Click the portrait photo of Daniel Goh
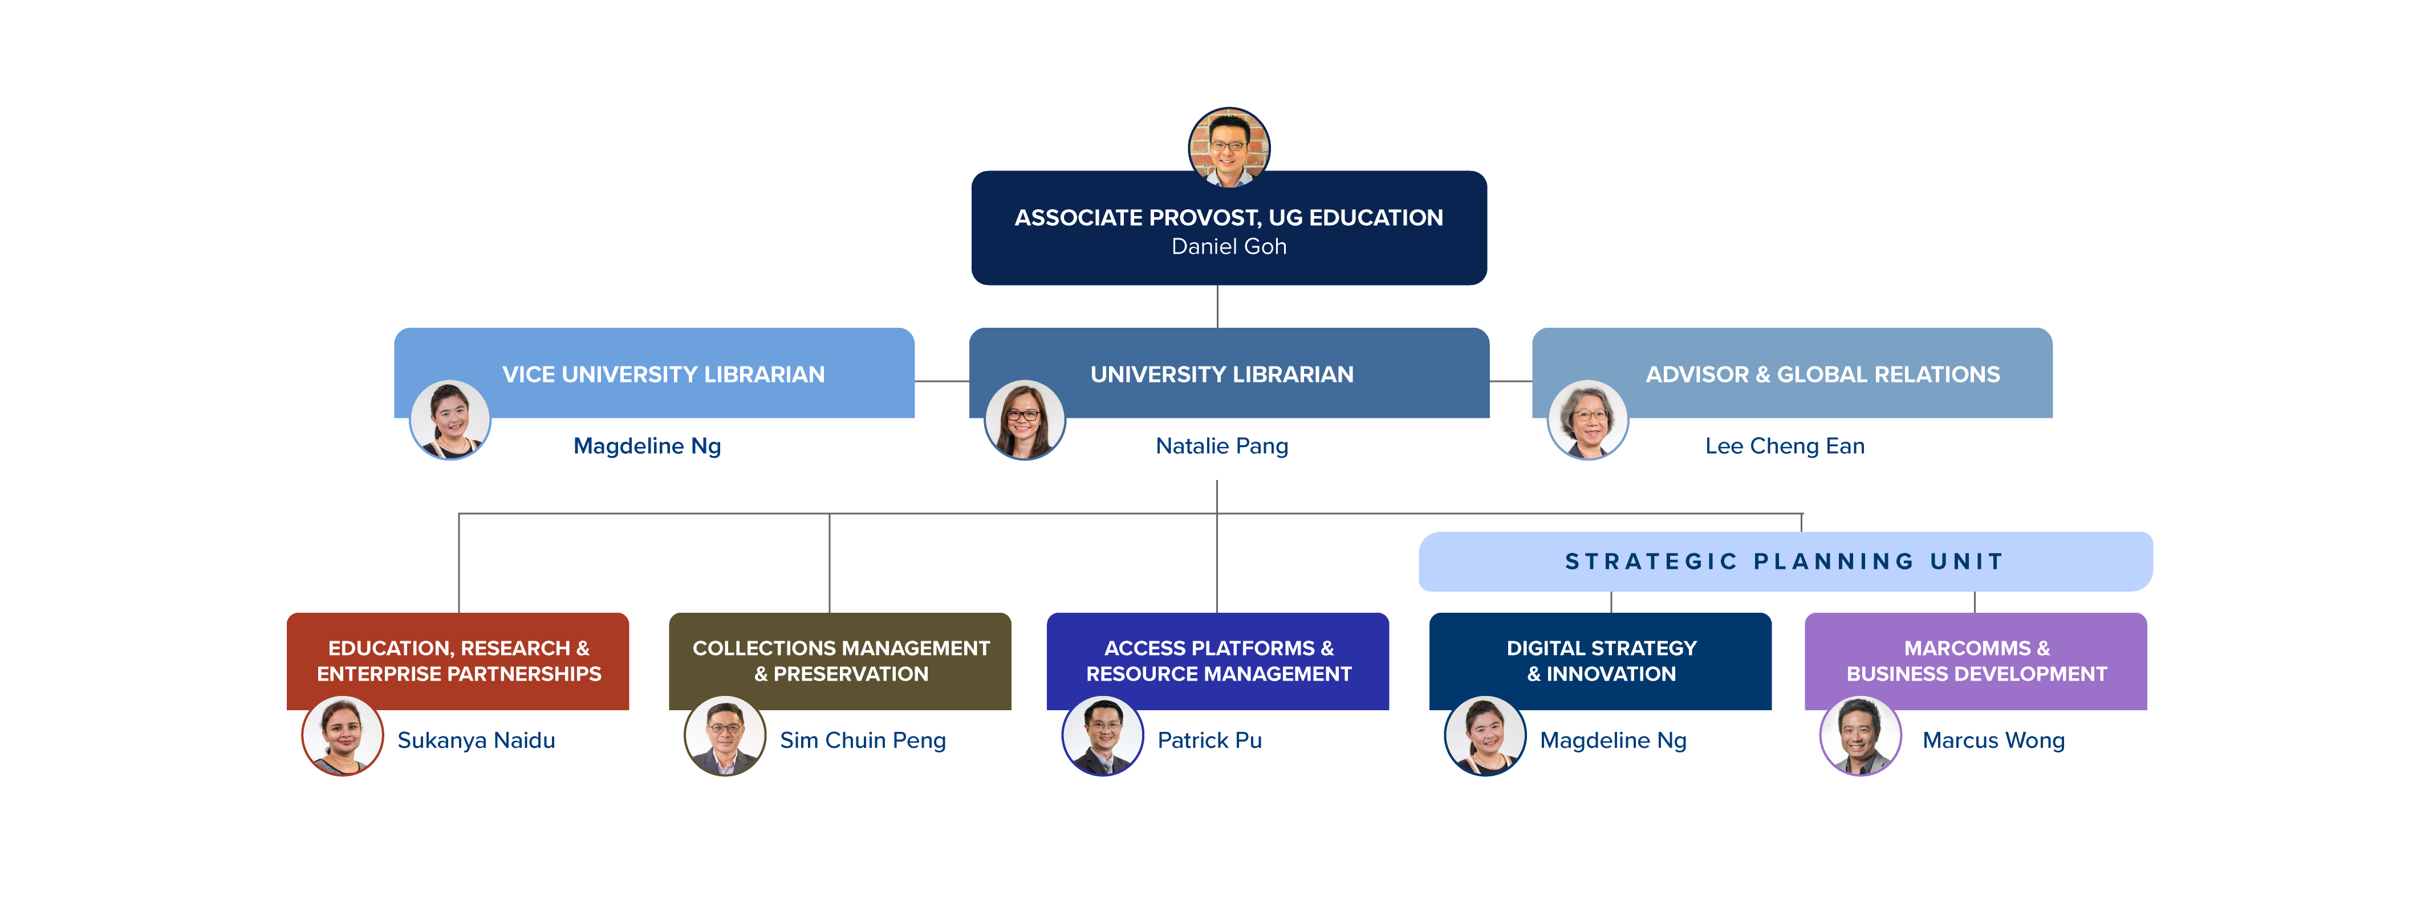[x=1229, y=147]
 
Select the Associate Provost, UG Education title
[x=1229, y=217]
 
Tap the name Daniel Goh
[x=1229, y=246]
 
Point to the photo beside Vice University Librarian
[x=449, y=419]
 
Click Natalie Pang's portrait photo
[x=1025, y=419]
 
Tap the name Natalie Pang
[x=1221, y=446]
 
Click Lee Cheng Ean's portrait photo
[x=1587, y=419]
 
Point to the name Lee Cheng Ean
[x=1784, y=446]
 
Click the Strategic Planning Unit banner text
[x=1784, y=562]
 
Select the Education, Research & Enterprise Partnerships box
[x=458, y=660]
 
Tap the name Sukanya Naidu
[x=476, y=740]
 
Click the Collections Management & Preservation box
[x=840, y=660]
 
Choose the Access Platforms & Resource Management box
[x=1218, y=660]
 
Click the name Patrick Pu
[x=1209, y=740]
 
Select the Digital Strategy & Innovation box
[x=1601, y=660]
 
